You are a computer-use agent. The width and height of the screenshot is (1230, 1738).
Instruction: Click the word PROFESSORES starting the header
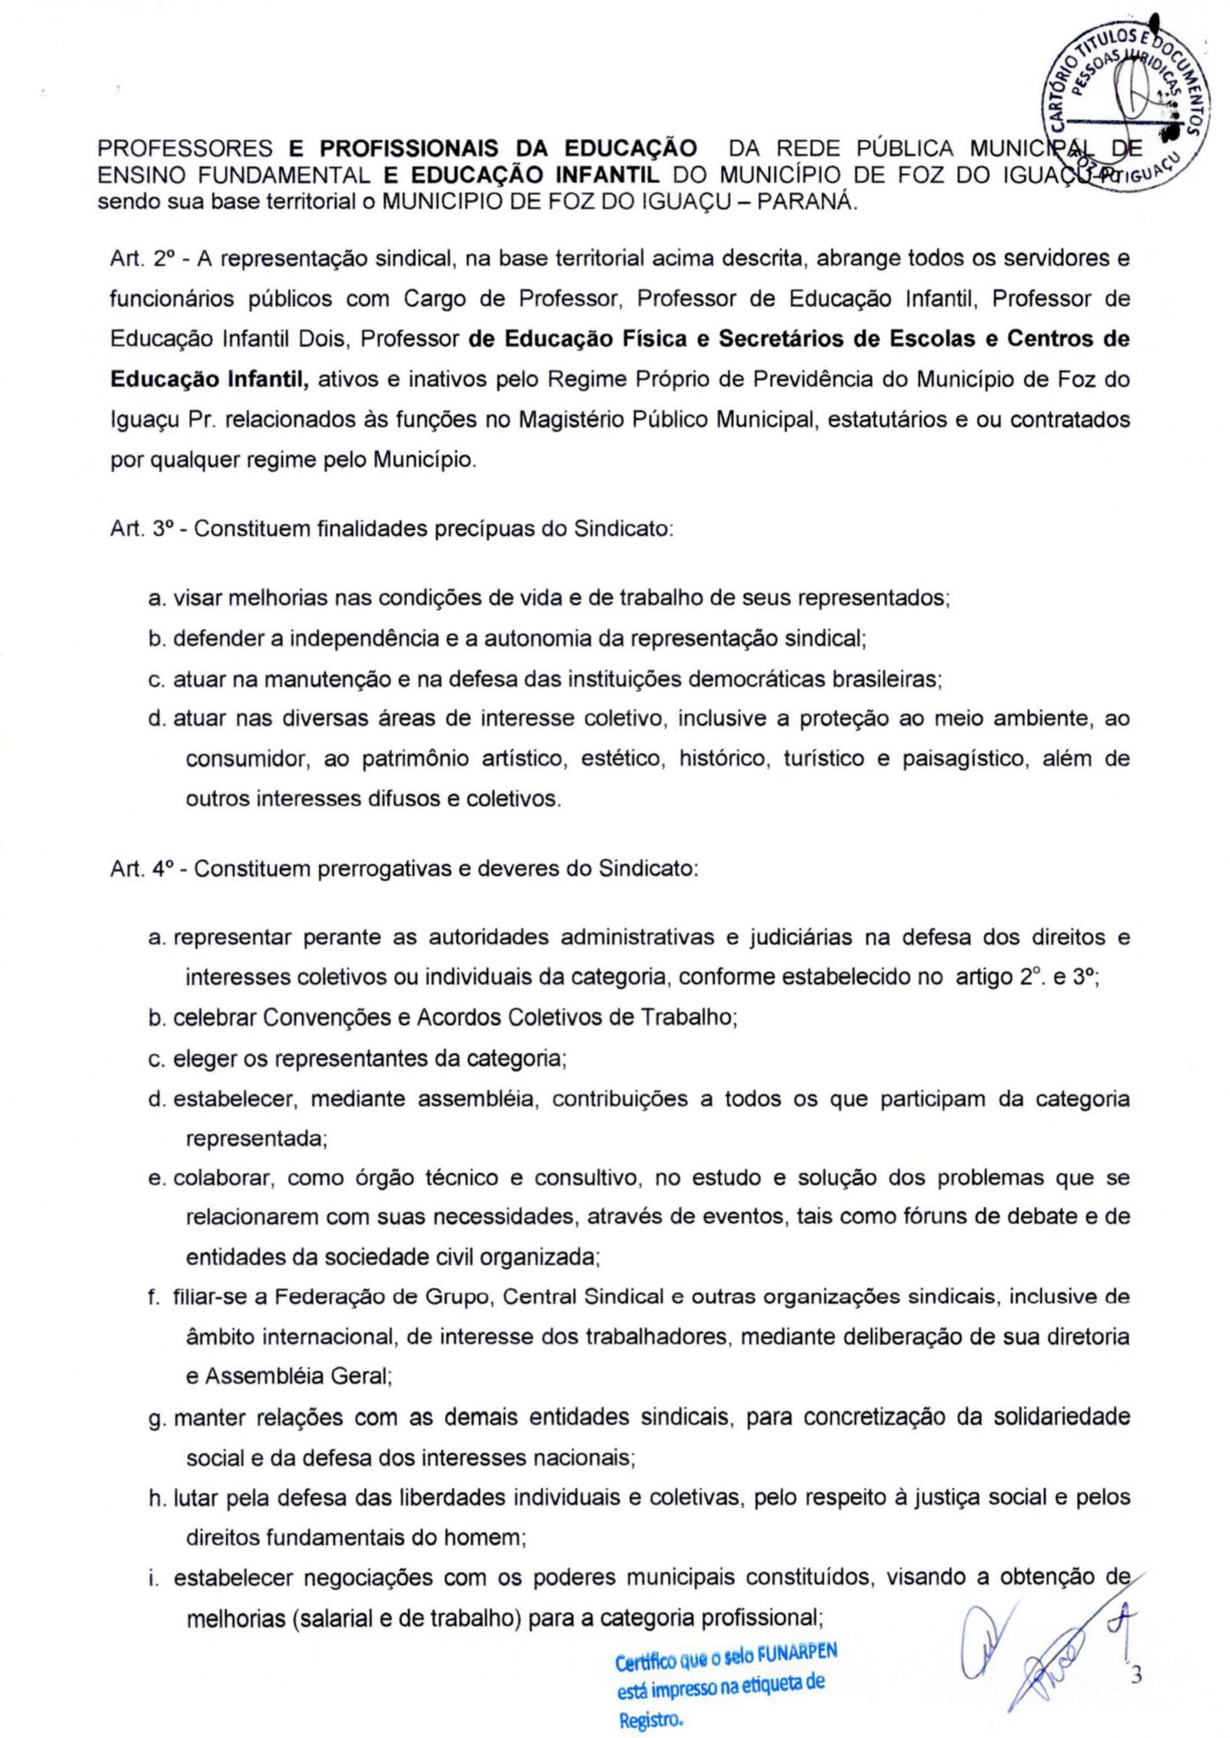[185, 148]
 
